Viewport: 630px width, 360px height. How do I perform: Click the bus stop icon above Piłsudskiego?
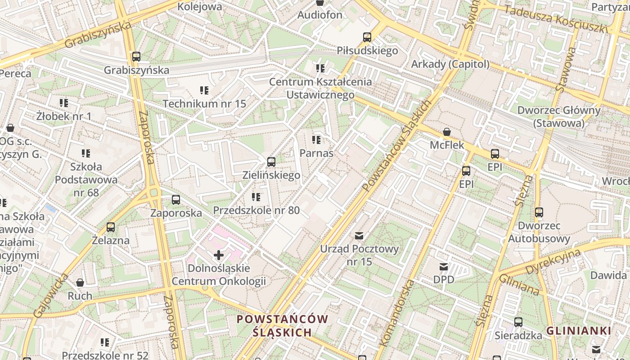[x=367, y=37]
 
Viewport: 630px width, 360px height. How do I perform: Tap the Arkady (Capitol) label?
[x=450, y=64]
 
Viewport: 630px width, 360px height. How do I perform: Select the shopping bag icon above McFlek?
[x=447, y=132]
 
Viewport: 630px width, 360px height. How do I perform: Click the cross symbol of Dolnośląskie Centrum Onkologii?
[x=219, y=256]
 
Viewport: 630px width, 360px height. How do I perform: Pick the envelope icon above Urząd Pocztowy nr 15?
[x=359, y=235]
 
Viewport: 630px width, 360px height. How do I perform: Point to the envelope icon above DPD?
[x=444, y=267]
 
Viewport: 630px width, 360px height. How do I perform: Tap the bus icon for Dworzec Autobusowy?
[x=539, y=212]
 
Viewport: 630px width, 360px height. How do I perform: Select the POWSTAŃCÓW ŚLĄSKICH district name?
[x=282, y=326]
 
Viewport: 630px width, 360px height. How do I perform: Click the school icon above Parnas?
[x=316, y=140]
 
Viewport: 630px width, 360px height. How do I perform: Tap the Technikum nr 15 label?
[x=204, y=103]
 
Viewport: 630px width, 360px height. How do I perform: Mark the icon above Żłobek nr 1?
[x=64, y=103]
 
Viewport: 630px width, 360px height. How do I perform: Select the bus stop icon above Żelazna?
[x=111, y=227]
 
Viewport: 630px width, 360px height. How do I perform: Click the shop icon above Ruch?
[x=80, y=283]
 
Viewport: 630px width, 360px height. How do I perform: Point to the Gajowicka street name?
[x=51, y=295]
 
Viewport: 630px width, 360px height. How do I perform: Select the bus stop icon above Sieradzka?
[x=518, y=322]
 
